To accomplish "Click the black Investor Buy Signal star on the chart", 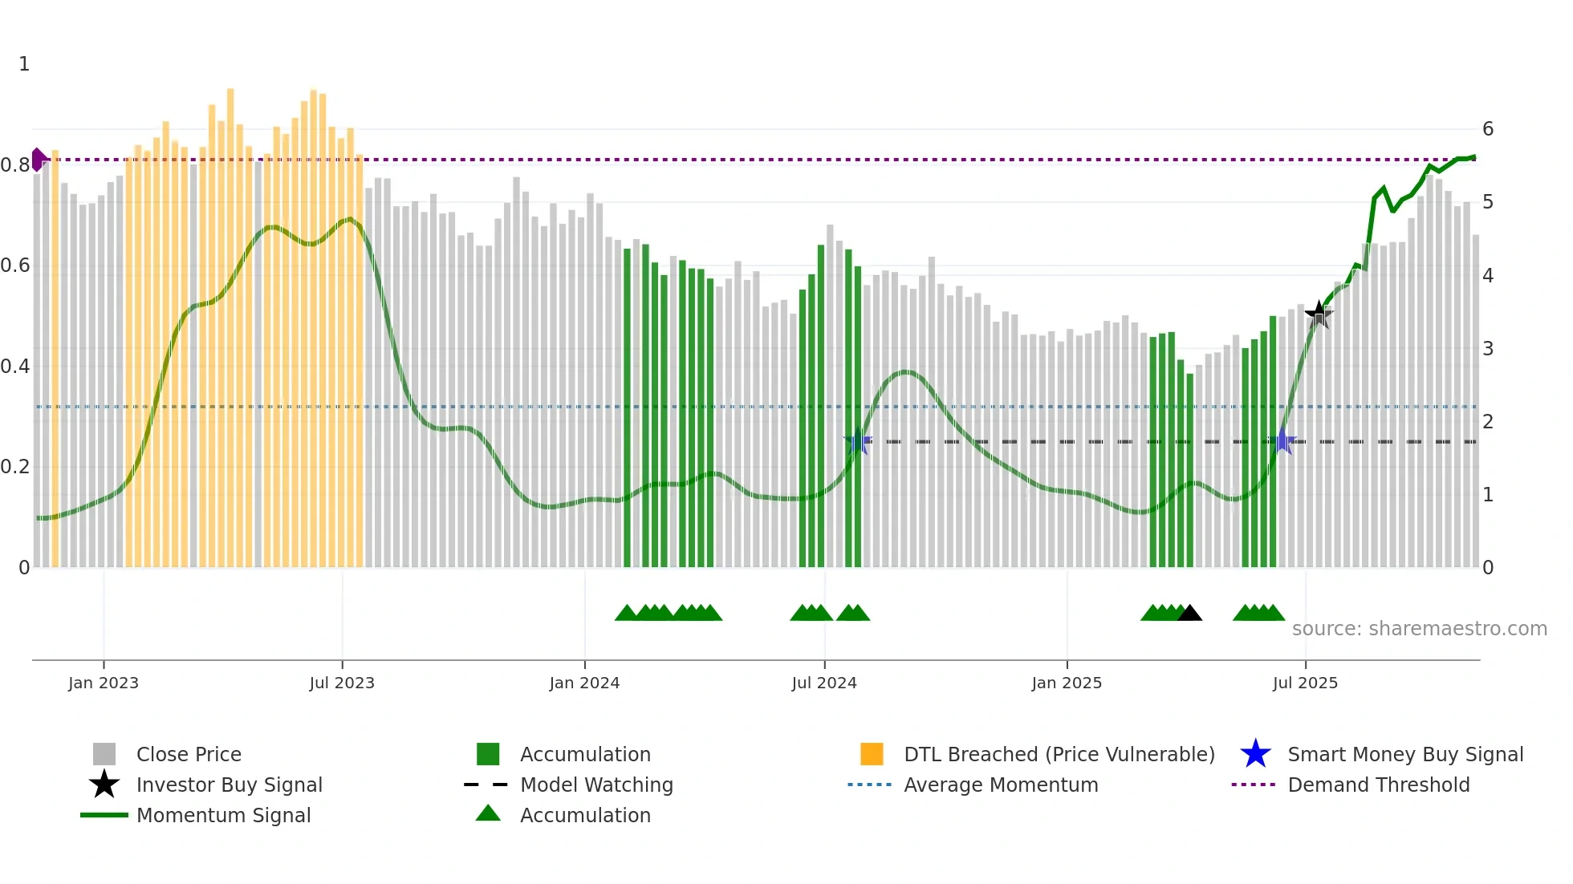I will (x=1319, y=314).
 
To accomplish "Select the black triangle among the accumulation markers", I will (x=1189, y=613).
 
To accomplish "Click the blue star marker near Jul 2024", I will (x=858, y=442).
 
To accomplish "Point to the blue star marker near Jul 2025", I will (x=1282, y=441).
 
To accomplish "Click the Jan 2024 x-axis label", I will (x=584, y=683).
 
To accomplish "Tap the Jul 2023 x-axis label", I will (x=342, y=683).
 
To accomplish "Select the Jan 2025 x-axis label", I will (x=1067, y=683).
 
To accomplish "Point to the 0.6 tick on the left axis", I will (x=14, y=266).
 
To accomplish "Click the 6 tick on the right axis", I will (x=1488, y=129).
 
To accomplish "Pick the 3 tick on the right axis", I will (x=1488, y=349).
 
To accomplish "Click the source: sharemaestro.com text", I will (x=1419, y=629).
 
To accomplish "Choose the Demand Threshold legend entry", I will (x=1378, y=785).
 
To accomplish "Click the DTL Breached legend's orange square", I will (x=872, y=754).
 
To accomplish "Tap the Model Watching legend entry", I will (x=596, y=785).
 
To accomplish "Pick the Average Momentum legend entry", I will (x=1000, y=785).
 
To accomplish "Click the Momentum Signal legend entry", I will (x=223, y=815).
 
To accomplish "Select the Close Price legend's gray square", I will (x=104, y=754).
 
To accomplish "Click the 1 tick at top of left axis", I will (x=24, y=64).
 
